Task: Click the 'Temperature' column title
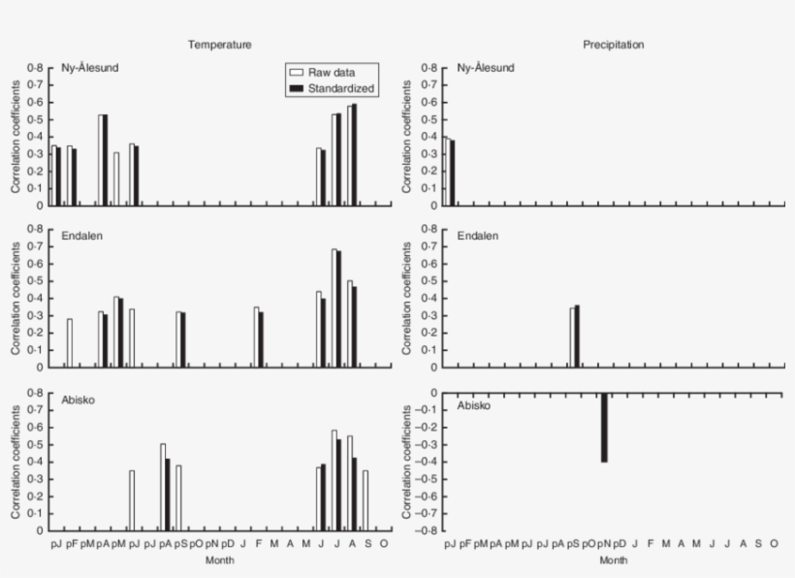(x=220, y=45)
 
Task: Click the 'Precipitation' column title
(x=613, y=45)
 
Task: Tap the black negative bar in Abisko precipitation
(x=604, y=427)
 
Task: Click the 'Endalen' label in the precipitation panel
(x=476, y=235)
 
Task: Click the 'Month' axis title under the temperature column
(x=220, y=560)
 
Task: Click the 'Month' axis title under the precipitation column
(x=613, y=560)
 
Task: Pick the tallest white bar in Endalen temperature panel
(x=334, y=307)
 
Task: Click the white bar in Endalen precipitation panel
(x=573, y=337)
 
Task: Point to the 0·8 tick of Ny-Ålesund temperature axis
(x=35, y=68)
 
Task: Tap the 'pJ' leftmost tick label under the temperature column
(x=55, y=544)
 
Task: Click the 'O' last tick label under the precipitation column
(x=774, y=544)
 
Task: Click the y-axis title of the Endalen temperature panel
(x=16, y=298)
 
